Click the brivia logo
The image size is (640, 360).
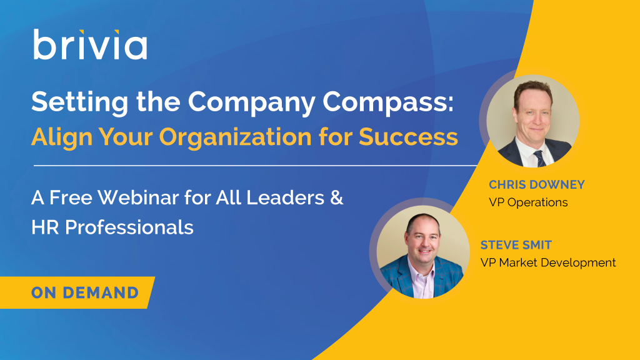click(x=90, y=44)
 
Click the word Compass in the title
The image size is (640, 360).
click(x=387, y=102)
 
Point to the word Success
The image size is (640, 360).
click(x=408, y=136)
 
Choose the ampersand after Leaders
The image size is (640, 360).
click(x=336, y=197)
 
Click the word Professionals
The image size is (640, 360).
click(x=129, y=227)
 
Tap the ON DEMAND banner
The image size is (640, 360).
click(x=77, y=292)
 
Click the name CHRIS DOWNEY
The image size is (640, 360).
click(x=537, y=184)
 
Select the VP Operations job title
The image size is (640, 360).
click(x=528, y=202)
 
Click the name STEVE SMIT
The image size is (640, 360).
click(x=516, y=245)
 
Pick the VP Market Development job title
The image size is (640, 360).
click(x=548, y=262)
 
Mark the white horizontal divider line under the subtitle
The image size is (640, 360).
click(x=256, y=166)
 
